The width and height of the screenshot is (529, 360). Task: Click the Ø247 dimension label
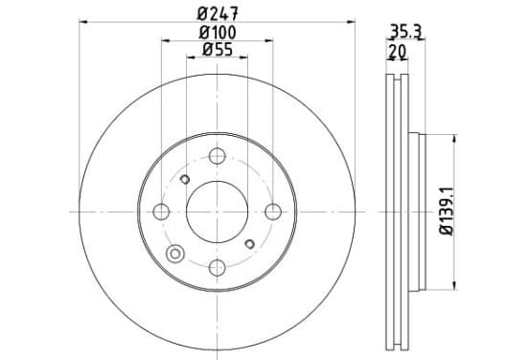pos(218,13)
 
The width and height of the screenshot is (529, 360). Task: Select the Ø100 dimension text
pos(218,33)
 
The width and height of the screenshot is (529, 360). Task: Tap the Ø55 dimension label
pos(218,50)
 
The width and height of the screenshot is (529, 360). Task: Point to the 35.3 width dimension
pos(406,32)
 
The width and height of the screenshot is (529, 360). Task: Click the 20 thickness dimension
pos(398,52)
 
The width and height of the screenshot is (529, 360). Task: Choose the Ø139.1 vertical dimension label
pos(446,212)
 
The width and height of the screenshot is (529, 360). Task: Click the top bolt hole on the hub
pos(217,156)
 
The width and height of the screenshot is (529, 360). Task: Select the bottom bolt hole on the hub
pos(217,268)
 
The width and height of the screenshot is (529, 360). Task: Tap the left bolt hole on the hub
pos(161,212)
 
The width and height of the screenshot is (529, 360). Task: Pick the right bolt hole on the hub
pos(273,212)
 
